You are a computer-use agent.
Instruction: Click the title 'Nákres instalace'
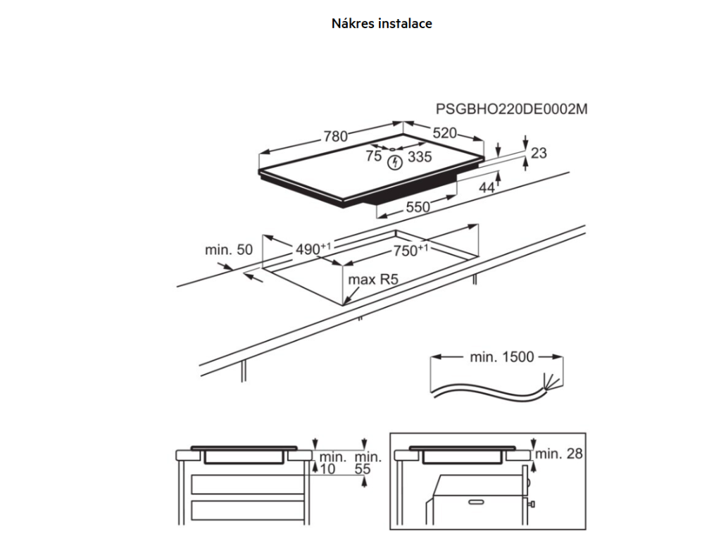pos(382,23)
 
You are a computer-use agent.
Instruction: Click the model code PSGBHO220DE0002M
pos(512,109)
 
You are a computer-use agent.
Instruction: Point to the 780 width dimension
pos(335,137)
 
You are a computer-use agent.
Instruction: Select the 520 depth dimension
pos(444,133)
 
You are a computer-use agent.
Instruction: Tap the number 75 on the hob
pos(373,157)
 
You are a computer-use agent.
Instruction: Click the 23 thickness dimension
pos(539,153)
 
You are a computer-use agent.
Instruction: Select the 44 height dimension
pos(487,187)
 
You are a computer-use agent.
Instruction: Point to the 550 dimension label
pos(417,207)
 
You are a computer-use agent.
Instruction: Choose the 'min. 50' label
pos(228,249)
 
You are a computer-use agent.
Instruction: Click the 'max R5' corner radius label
pos(374,280)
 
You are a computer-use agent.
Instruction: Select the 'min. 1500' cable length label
pos(502,357)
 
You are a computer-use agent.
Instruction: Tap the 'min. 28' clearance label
pos(559,454)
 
